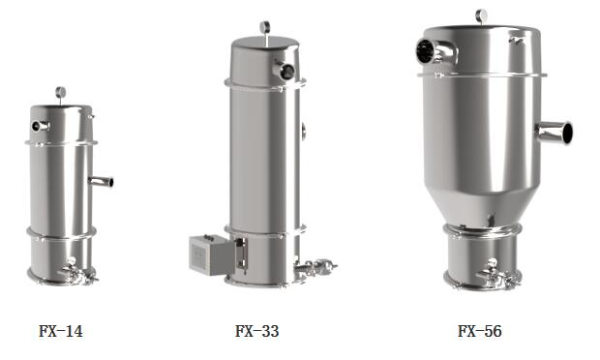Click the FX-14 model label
click(x=60, y=331)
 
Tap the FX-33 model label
click(x=256, y=331)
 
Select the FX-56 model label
click(x=479, y=331)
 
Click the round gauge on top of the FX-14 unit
click(x=60, y=92)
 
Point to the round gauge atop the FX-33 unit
click(x=265, y=27)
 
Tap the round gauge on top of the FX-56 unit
click(x=481, y=15)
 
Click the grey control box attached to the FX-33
click(x=211, y=255)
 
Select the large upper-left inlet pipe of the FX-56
click(x=436, y=51)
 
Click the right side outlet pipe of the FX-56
click(x=555, y=133)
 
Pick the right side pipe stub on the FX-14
click(x=101, y=181)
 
